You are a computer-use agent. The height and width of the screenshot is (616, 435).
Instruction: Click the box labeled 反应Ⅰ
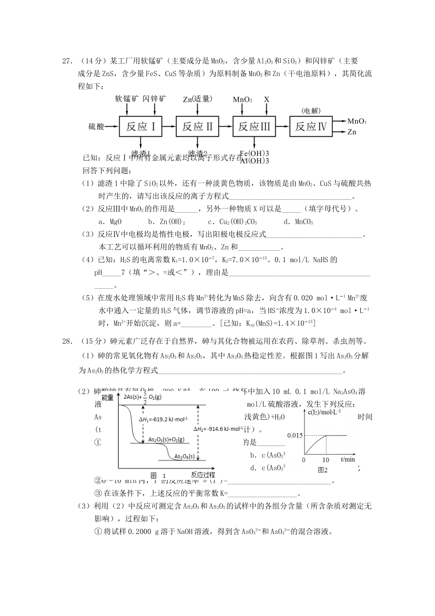click(141, 126)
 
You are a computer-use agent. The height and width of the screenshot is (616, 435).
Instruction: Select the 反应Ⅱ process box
click(197, 126)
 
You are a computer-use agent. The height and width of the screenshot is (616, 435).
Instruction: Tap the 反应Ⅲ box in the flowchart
click(254, 126)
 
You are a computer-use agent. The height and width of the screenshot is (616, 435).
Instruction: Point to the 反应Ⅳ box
click(311, 126)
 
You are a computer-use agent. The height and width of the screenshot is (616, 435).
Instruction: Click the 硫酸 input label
click(96, 126)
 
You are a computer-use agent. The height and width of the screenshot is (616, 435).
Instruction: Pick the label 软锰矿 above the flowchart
click(127, 99)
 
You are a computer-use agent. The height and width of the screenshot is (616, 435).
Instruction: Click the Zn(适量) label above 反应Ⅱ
click(197, 99)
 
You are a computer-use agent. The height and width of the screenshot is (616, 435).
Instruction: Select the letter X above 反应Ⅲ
click(266, 99)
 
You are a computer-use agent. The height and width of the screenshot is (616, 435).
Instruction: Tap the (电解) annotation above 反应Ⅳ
click(311, 110)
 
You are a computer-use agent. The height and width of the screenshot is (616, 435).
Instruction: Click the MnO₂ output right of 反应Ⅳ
click(357, 121)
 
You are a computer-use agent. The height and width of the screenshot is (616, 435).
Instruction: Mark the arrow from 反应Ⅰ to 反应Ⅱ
click(169, 126)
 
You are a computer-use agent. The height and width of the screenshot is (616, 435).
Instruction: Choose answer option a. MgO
click(110, 222)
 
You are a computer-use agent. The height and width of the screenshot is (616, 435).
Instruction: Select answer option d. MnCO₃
click(298, 222)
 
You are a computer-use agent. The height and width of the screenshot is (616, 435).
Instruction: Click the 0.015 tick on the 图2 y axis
click(294, 435)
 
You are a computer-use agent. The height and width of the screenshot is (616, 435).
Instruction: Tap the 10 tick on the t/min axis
click(326, 460)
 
